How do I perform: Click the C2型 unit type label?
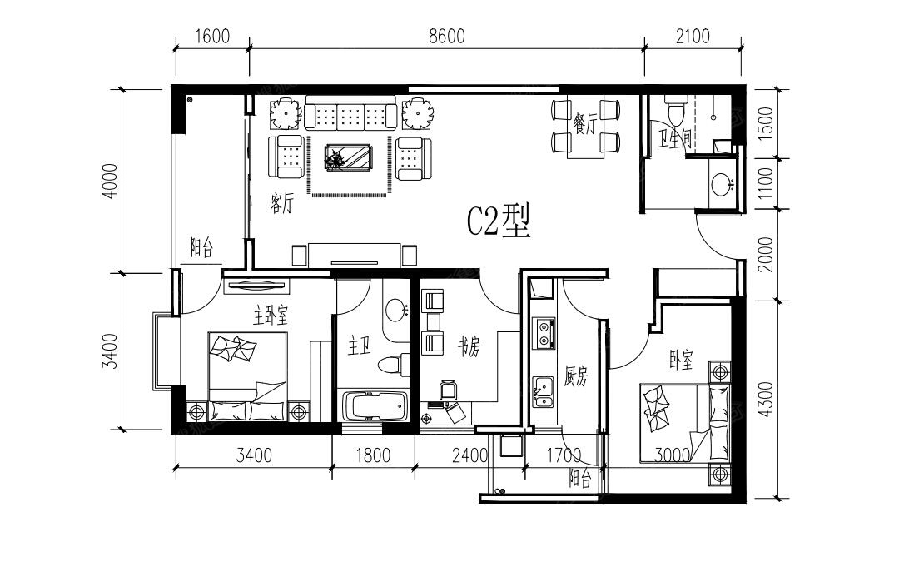(499, 221)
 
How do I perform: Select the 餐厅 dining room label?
(584, 124)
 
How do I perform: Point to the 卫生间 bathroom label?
(674, 139)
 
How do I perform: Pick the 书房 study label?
(469, 348)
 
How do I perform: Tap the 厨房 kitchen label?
(576, 376)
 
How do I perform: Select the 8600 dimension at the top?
(447, 36)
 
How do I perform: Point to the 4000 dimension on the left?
(110, 181)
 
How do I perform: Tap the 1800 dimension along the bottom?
(373, 455)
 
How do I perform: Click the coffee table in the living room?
(349, 157)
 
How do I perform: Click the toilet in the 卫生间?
(677, 111)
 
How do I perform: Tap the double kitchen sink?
(544, 392)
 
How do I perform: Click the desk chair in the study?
(447, 390)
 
